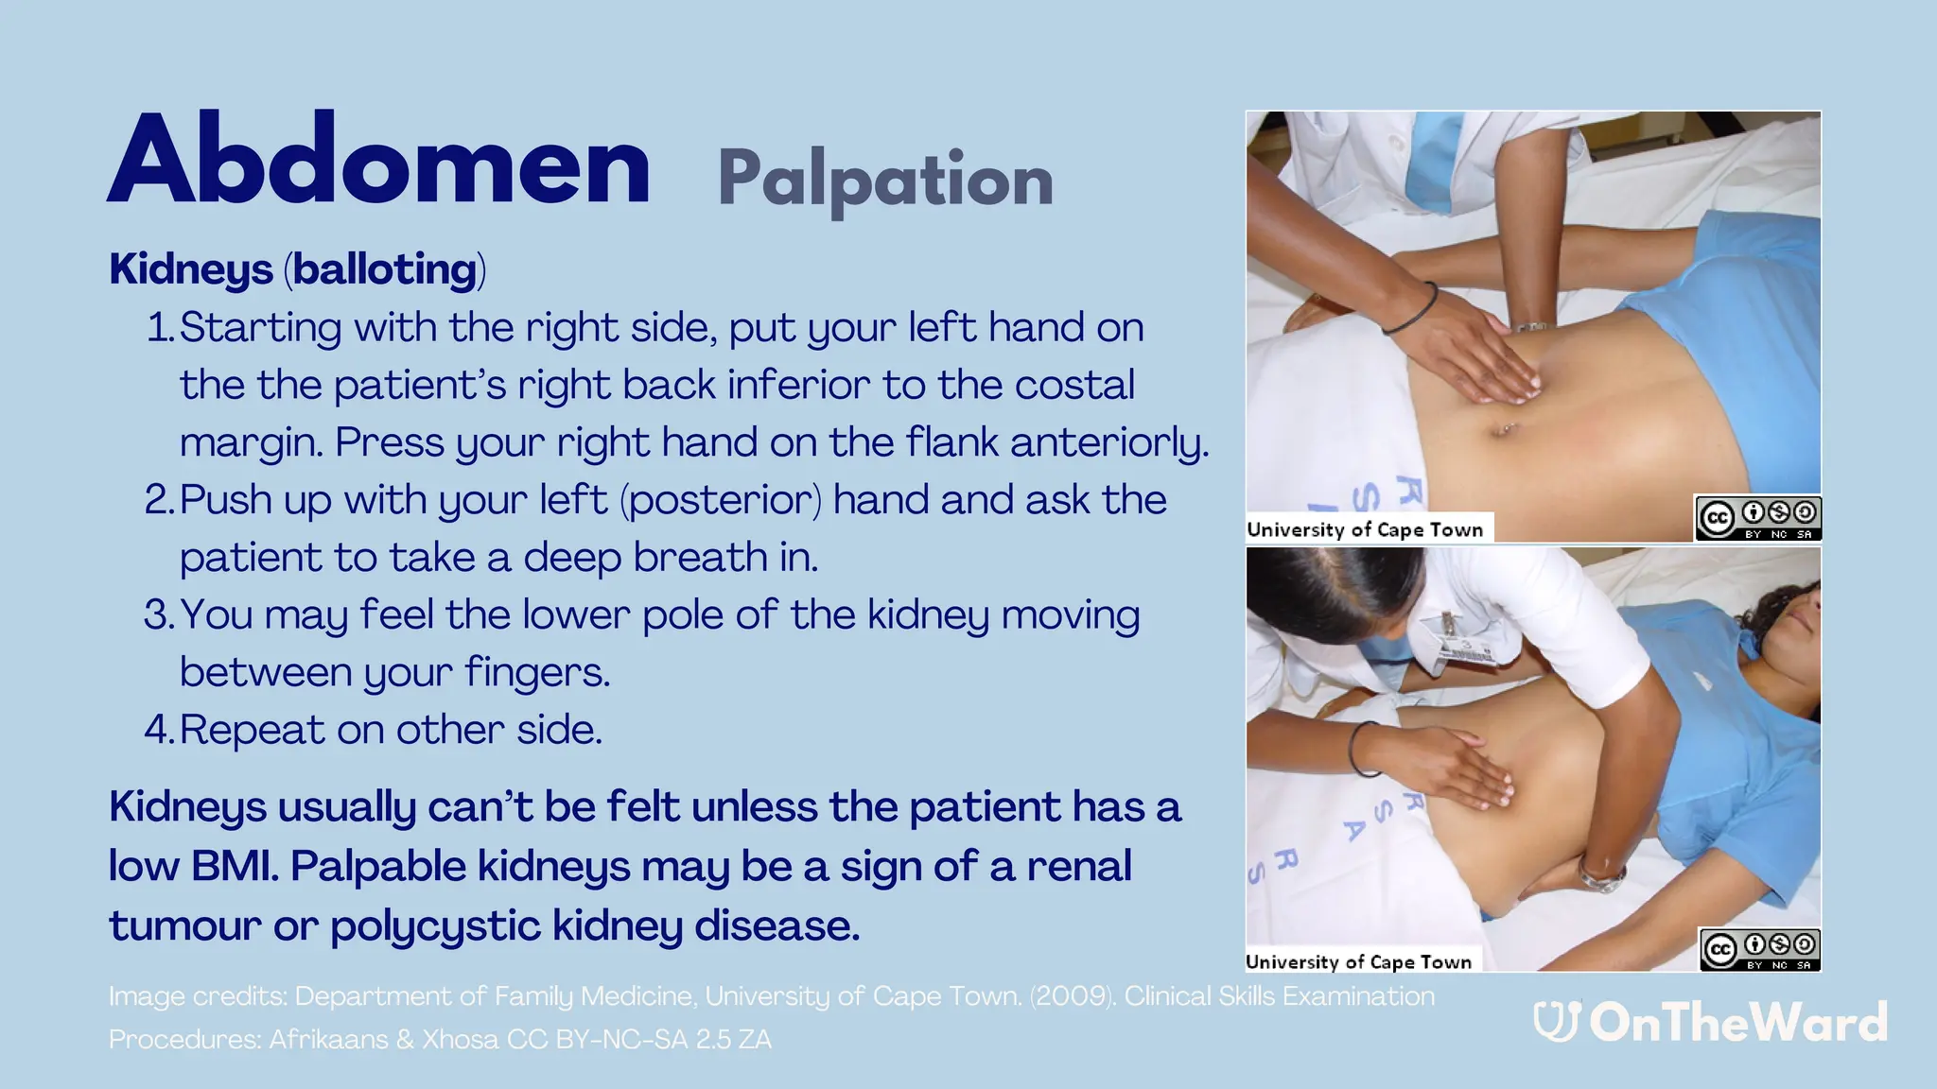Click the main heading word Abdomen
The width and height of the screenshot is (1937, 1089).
(378, 161)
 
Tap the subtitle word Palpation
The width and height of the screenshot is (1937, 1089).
(884, 180)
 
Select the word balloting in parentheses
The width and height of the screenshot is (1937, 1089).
(385, 269)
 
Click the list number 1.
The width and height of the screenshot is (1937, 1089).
(159, 328)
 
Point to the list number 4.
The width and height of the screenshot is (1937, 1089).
(158, 730)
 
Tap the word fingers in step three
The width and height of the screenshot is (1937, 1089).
(537, 673)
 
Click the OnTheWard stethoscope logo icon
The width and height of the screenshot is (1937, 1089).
(1556, 1022)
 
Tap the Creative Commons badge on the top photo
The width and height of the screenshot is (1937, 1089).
(1757, 518)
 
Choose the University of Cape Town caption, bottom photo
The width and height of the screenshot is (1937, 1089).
(1358, 961)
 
